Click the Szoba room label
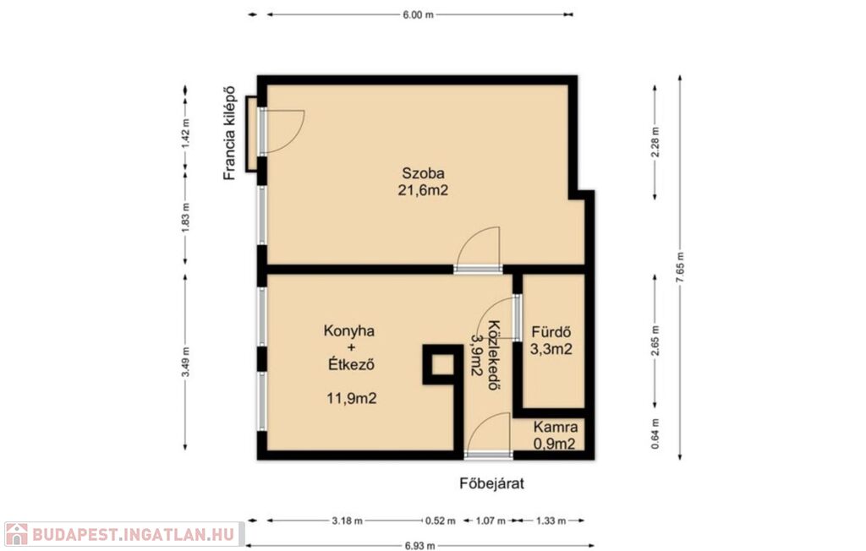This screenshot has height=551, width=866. [x=423, y=172]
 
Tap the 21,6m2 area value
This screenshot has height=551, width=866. [x=423, y=190]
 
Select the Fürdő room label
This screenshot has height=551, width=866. [x=551, y=332]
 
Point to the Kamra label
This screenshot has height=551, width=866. [x=556, y=427]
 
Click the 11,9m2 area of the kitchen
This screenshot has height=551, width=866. [x=352, y=398]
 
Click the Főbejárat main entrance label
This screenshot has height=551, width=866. [x=492, y=483]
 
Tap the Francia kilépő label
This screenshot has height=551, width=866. [x=229, y=133]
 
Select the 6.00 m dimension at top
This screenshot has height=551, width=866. [x=418, y=15]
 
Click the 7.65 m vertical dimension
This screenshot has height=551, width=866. [x=680, y=268]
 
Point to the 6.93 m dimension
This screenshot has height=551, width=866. [x=419, y=546]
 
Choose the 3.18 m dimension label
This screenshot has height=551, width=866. [x=348, y=521]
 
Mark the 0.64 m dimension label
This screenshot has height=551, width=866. [x=655, y=434]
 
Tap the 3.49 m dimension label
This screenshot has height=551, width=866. [x=185, y=362]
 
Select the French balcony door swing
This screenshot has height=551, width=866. [x=282, y=131]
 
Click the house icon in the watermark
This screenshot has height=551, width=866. [x=16, y=534]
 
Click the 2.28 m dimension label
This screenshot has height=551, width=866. [x=655, y=143]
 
